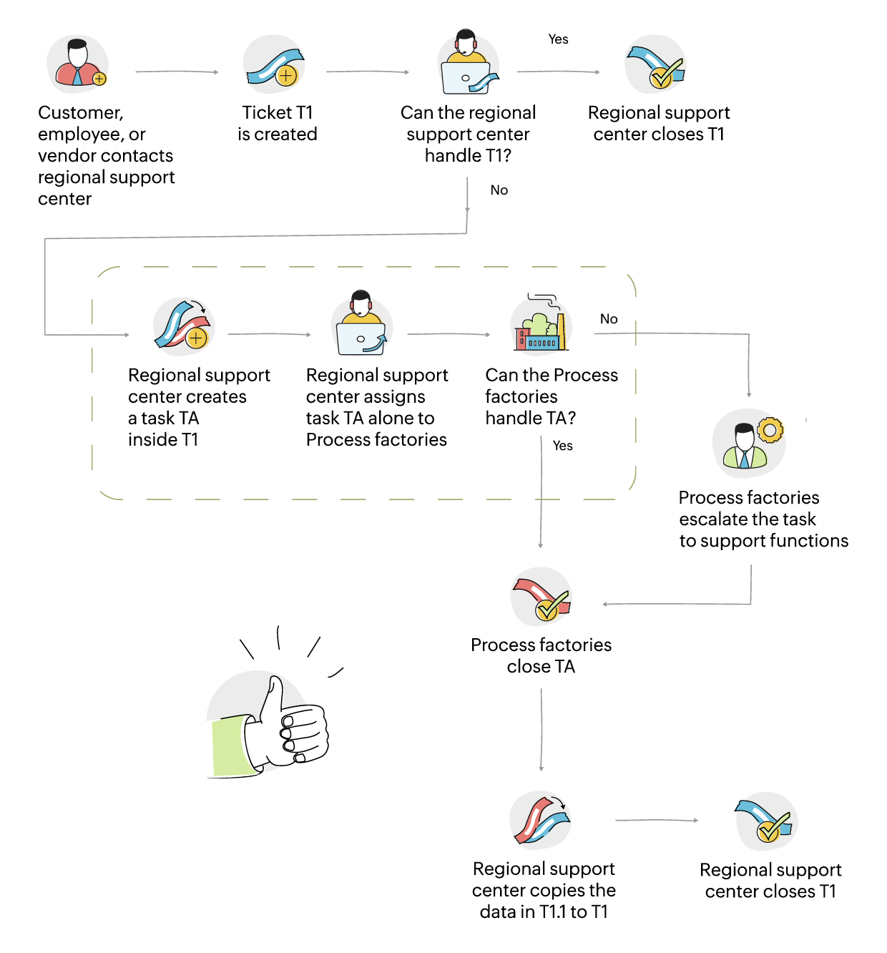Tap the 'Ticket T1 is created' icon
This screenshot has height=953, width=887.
(275, 67)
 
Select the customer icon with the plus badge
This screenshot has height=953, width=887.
(79, 64)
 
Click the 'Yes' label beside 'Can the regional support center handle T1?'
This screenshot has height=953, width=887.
(558, 39)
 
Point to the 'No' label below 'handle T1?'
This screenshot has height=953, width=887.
(499, 190)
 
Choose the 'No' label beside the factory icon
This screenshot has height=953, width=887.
(609, 319)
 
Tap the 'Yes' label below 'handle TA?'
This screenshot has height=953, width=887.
(563, 446)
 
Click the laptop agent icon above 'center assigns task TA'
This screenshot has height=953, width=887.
(362, 326)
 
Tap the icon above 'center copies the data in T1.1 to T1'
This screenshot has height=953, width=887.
(541, 820)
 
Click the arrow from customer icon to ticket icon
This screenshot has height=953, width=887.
(177, 72)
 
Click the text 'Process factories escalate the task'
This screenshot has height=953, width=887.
(749, 508)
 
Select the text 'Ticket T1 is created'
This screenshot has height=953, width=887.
(278, 123)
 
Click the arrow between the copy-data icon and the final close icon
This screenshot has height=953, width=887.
(656, 821)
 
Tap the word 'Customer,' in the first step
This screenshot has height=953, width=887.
(81, 113)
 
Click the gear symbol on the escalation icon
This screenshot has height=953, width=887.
(770, 431)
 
